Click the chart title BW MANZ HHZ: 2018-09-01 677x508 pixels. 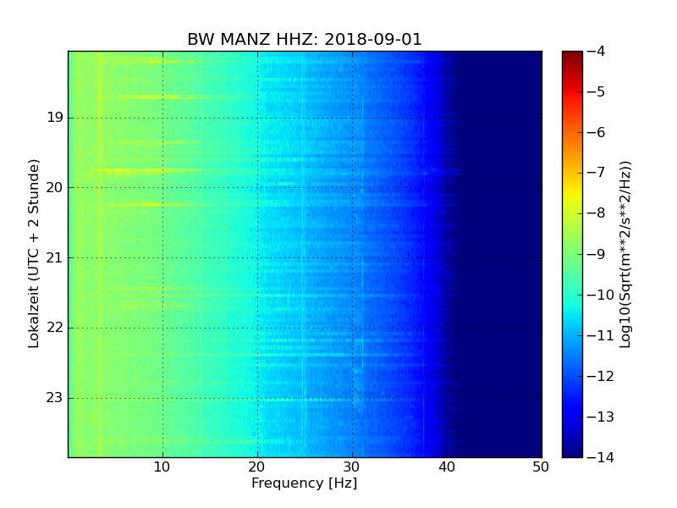(x=305, y=40)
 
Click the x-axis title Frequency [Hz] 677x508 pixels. (x=304, y=483)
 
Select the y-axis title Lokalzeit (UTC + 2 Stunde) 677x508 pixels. (x=35, y=253)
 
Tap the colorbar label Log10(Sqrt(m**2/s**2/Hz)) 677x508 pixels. (x=625, y=254)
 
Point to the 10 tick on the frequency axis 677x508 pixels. (x=162, y=466)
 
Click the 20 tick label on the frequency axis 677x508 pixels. (x=257, y=466)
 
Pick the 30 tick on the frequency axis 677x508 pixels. (x=352, y=466)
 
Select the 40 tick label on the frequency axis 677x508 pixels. (x=446, y=466)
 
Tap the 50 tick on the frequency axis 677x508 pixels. (x=541, y=466)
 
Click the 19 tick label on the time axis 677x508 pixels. (x=54, y=118)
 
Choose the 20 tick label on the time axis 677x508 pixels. (x=54, y=187)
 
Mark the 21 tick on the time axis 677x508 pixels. (x=54, y=257)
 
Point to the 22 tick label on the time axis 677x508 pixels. (x=54, y=328)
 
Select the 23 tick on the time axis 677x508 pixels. (x=54, y=397)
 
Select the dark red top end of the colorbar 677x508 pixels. (x=572, y=54)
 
